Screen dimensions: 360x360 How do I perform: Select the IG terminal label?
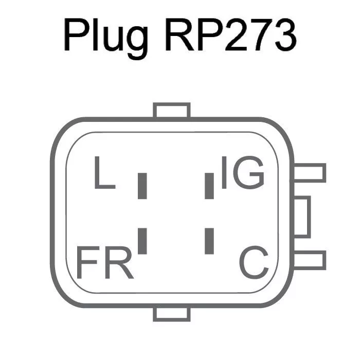242,173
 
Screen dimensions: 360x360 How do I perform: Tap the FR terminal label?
104,262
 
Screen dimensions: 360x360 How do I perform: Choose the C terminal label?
254,262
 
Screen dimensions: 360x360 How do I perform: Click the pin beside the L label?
143,186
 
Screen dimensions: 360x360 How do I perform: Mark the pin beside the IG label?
209,186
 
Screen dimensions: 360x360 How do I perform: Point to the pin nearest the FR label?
143,241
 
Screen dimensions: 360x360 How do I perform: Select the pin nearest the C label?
209,241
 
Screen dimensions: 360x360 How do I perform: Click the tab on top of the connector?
172,110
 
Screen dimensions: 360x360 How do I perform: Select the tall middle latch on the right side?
302,216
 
